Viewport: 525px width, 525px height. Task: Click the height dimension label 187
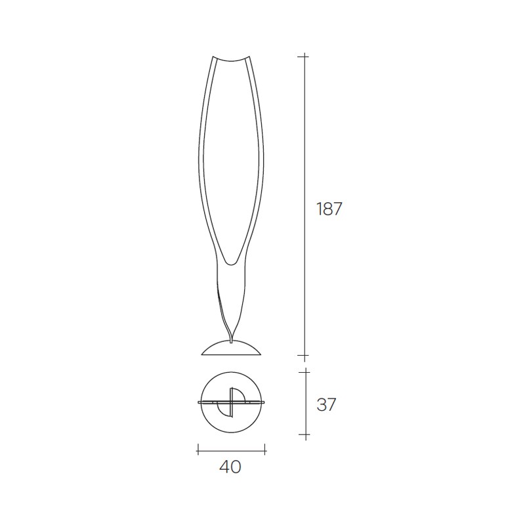329,209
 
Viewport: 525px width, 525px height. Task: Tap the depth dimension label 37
325,405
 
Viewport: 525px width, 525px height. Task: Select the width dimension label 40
230,467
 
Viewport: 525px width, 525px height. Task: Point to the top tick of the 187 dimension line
304,57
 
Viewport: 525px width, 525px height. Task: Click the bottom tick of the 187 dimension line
304,355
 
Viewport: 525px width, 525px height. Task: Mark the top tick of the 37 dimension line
306,371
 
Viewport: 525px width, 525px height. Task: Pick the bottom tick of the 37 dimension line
306,434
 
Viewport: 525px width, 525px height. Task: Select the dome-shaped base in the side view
231,348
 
